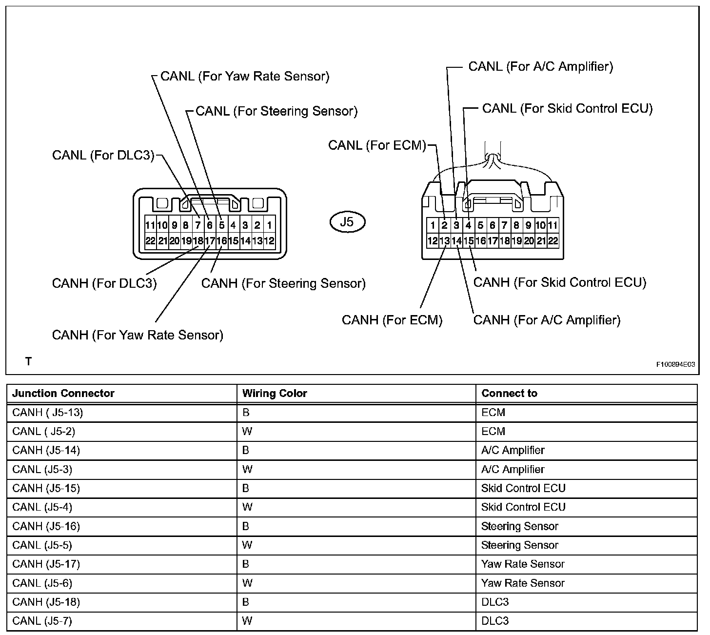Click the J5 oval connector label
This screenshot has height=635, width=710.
pyautogui.click(x=347, y=222)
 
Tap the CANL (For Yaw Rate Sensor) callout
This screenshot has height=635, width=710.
pyautogui.click(x=244, y=76)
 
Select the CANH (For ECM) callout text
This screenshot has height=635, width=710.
pyautogui.click(x=392, y=320)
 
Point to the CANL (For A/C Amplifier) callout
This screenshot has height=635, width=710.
pyautogui.click(x=540, y=66)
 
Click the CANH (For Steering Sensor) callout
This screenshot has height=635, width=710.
pyautogui.click(x=283, y=283)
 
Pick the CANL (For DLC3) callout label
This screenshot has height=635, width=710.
pyautogui.click(x=103, y=156)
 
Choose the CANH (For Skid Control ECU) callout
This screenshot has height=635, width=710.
pyautogui.click(x=559, y=282)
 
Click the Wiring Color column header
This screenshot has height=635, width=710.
pyautogui.click(x=275, y=393)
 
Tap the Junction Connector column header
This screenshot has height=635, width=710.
pyautogui.click(x=63, y=393)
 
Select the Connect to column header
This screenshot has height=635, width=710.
pyautogui.click(x=509, y=393)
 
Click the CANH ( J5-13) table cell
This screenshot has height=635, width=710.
pyautogui.click(x=47, y=413)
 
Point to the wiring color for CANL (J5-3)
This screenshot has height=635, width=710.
pyautogui.click(x=247, y=469)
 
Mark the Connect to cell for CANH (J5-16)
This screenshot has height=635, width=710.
pyautogui.click(x=519, y=526)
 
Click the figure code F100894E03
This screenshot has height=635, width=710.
pyautogui.click(x=675, y=364)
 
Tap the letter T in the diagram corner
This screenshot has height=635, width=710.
pyautogui.click(x=29, y=361)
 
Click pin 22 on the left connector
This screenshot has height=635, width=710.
pyautogui.click(x=150, y=240)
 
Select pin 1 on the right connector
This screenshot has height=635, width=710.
pyautogui.click(x=433, y=225)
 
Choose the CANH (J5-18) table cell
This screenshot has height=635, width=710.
pyautogui.click(x=46, y=602)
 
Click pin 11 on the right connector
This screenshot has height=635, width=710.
pyautogui.click(x=552, y=225)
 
